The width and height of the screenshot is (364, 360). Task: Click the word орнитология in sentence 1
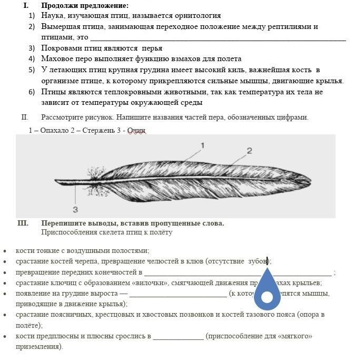[196, 16]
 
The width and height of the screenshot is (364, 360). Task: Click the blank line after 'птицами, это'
[218, 37]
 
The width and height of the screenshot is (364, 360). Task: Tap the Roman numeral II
[24, 117]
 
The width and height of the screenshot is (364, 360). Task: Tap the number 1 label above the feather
[202, 145]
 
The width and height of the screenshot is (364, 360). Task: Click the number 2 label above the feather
[249, 151]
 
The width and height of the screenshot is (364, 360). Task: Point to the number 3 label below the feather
[75, 209]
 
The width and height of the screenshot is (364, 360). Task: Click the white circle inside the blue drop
[267, 297]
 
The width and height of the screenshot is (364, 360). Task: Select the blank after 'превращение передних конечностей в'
[238, 272]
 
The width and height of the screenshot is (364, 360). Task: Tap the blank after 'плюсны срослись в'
[178, 336]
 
